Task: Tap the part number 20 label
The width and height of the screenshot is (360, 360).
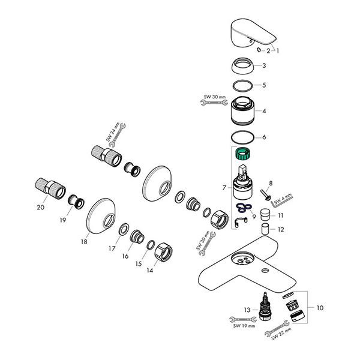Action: pyautogui.click(x=41, y=208)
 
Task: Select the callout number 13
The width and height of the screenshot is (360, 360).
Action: pyautogui.click(x=247, y=310)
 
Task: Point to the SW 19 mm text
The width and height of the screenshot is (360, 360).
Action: pyautogui.click(x=244, y=326)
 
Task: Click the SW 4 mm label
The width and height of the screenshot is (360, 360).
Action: pyautogui.click(x=283, y=199)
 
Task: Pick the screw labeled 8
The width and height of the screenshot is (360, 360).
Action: pyautogui.click(x=266, y=194)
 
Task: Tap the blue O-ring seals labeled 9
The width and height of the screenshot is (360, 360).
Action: pyautogui.click(x=244, y=207)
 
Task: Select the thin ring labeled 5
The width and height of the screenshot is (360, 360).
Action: pyautogui.click(x=242, y=86)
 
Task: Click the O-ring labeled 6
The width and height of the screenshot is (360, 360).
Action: pyautogui.click(x=242, y=137)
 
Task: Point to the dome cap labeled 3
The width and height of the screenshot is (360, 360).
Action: pyautogui.click(x=242, y=65)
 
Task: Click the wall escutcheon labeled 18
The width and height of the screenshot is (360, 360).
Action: pyautogui.click(x=101, y=216)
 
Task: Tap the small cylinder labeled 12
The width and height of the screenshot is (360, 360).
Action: pyautogui.click(x=265, y=229)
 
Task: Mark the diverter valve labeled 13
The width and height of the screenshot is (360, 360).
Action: pyautogui.click(x=265, y=306)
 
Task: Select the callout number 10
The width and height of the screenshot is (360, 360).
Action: pyautogui.click(x=320, y=308)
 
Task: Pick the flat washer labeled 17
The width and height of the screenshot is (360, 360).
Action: pyautogui.click(x=124, y=229)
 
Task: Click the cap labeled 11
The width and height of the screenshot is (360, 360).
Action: pyautogui.click(x=265, y=215)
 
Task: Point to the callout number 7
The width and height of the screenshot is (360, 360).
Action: pyautogui.click(x=224, y=188)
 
